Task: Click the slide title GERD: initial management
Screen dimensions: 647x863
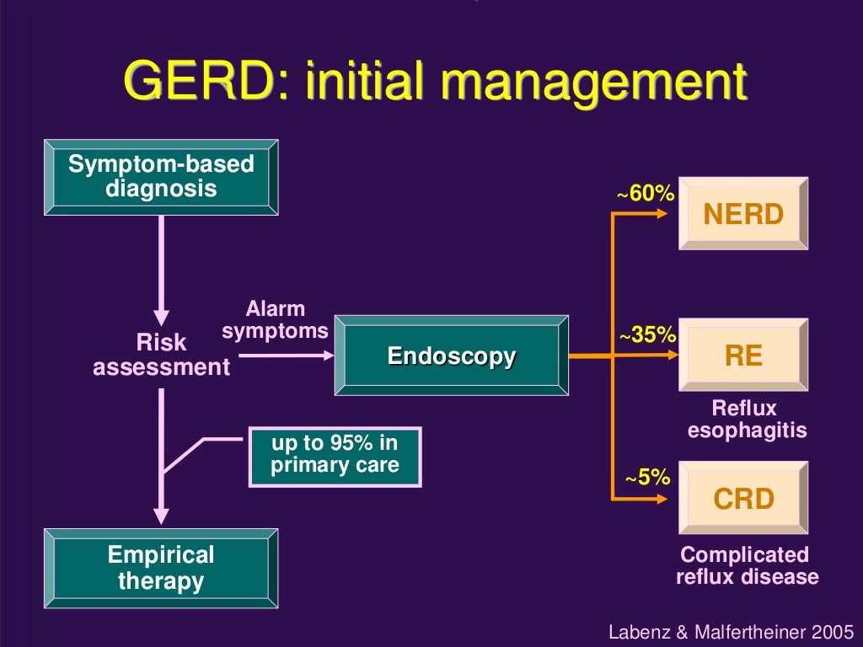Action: click(x=435, y=82)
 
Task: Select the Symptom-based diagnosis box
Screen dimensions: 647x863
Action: click(x=160, y=176)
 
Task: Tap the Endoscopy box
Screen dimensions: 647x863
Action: click(x=451, y=356)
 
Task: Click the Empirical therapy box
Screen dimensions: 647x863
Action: click(x=160, y=568)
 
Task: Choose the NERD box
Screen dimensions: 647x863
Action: click(x=743, y=214)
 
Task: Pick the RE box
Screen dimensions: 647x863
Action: click(x=743, y=355)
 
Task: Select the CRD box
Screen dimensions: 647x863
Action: click(x=743, y=498)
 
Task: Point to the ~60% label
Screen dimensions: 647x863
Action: click(x=646, y=194)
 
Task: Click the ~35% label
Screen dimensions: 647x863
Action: click(x=647, y=335)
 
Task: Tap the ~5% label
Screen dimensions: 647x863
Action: click(x=647, y=479)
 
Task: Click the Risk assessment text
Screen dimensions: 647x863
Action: click(x=161, y=355)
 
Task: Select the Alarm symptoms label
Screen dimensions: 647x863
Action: click(x=275, y=320)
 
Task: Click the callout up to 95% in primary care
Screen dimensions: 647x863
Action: click(x=335, y=455)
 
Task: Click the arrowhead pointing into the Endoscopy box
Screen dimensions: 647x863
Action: click(x=326, y=356)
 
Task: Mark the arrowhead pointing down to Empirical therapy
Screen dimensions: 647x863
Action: click(x=161, y=516)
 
